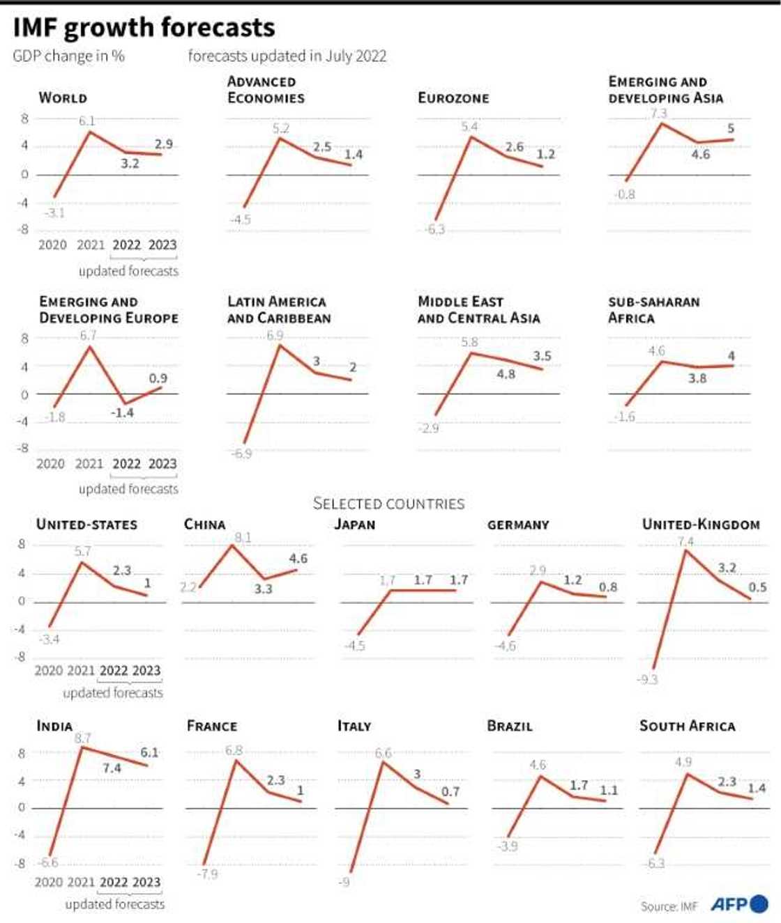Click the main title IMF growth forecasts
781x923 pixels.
[x=144, y=28]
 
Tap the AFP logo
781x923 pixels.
[x=739, y=904]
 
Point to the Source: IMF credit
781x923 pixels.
[x=669, y=906]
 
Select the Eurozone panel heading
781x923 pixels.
[x=453, y=98]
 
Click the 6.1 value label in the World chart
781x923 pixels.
[x=86, y=121]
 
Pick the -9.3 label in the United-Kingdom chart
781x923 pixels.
[x=647, y=679]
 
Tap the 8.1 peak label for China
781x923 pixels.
[x=243, y=538]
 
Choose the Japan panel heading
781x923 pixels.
[x=355, y=525]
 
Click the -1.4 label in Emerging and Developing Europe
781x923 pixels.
[x=122, y=412]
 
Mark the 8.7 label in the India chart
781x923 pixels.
[x=82, y=738]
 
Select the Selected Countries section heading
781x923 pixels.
[x=388, y=504]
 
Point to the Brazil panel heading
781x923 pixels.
[x=510, y=726]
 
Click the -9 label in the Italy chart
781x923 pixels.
[x=344, y=882]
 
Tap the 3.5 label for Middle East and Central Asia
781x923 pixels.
[x=542, y=356]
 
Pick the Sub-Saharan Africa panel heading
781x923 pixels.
[x=653, y=310]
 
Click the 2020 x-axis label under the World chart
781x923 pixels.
[x=52, y=245]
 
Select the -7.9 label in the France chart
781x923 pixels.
[x=207, y=874]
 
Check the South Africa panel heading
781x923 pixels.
[x=687, y=726]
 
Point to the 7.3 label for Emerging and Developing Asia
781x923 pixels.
[x=658, y=113]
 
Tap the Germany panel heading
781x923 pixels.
[x=518, y=525]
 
